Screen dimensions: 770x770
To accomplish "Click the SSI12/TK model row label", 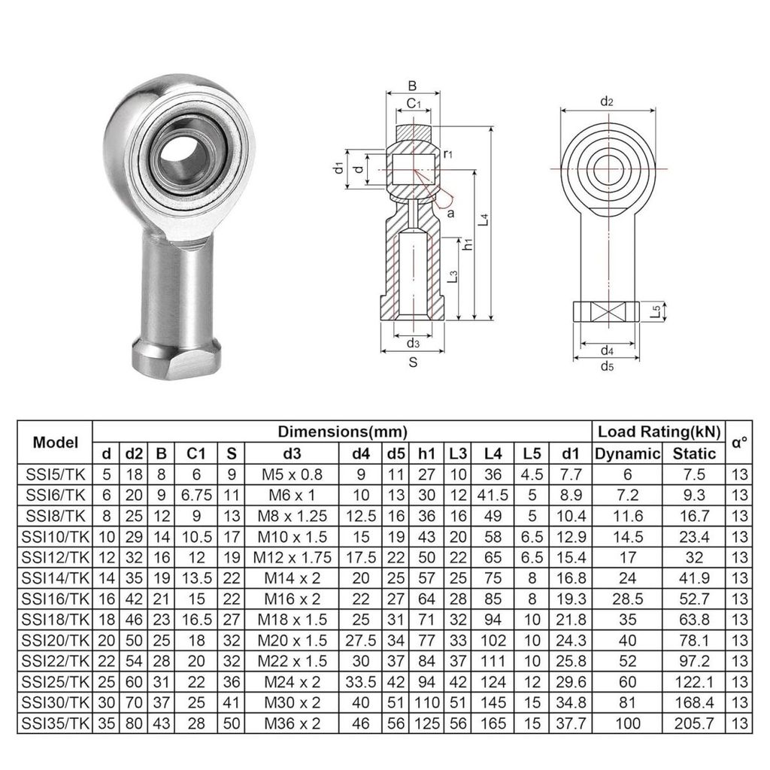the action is [x=56, y=557].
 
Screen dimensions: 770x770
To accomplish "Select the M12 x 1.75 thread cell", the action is [x=293, y=557].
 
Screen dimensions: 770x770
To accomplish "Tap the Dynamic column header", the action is [x=627, y=453].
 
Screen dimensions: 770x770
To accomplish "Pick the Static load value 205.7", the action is [x=694, y=723].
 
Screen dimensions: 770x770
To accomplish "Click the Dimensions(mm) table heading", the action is [x=342, y=432].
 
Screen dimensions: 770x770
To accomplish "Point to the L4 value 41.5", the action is [x=493, y=495].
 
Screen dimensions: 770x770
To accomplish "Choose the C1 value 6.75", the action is [x=196, y=495].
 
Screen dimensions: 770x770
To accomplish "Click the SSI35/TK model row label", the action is [x=56, y=723].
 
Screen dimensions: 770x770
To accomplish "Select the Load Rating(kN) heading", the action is [x=659, y=432].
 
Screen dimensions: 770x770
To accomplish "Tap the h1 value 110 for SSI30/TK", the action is [x=427, y=703].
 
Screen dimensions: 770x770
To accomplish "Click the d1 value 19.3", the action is [x=571, y=599].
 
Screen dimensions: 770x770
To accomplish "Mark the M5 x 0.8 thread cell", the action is [x=293, y=474].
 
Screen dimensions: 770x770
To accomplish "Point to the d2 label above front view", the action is [x=607, y=102].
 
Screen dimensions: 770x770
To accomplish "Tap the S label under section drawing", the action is [x=413, y=362].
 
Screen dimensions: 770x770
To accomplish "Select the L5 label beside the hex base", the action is [x=655, y=311].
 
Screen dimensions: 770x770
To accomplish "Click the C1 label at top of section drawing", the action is [x=414, y=103].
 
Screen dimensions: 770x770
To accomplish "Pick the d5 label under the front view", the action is [x=608, y=366].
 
